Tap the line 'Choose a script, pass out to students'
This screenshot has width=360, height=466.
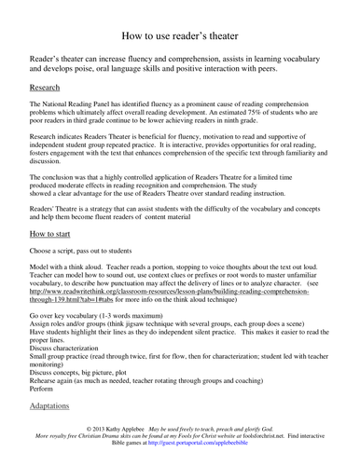(x=86, y=276)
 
